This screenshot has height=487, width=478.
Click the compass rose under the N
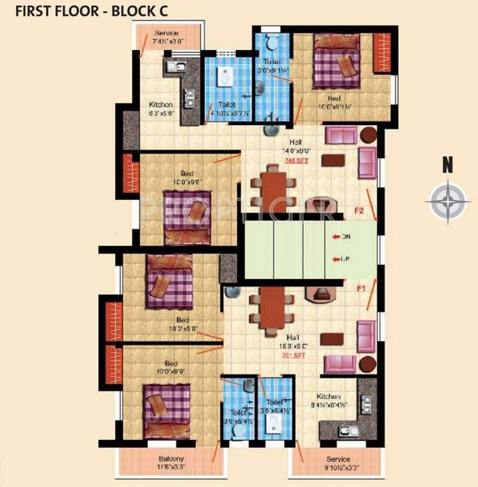tap(448, 200)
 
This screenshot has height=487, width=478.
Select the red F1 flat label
tap(362, 289)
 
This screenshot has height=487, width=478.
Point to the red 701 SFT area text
tap(294, 356)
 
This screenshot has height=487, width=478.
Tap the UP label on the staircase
tap(346, 259)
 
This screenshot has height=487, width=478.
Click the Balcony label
tap(171, 459)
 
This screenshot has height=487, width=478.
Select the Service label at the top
tap(167, 33)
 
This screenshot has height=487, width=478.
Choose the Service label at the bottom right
tap(339, 459)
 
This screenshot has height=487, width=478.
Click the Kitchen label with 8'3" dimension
tap(160, 104)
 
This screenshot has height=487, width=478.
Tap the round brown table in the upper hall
tap(368, 135)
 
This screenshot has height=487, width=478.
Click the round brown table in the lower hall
tap(367, 364)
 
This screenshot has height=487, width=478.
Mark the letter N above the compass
tap(448, 167)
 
